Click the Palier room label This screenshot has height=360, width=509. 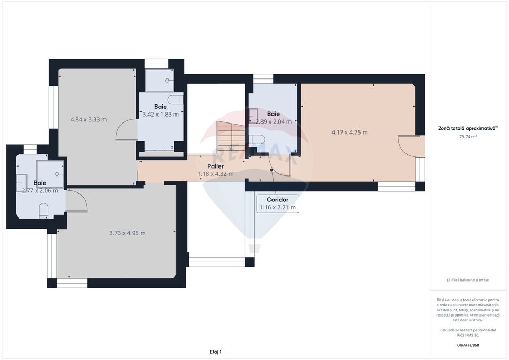coord(215,166)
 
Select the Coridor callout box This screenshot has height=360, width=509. coord(277,204)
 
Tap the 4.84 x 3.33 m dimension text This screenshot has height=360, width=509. coord(89,119)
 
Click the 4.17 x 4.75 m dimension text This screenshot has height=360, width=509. coord(349,132)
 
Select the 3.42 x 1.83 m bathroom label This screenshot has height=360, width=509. coord(160,114)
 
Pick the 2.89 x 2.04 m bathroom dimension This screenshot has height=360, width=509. coord(273,121)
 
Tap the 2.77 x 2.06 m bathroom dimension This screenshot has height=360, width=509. coord(40,190)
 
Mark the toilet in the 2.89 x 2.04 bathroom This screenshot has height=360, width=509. coord(257,139)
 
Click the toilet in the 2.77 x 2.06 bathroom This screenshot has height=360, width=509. coord(44,212)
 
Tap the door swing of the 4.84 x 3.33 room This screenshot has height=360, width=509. coord(126,130)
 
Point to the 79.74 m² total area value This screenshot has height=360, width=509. coord(468,136)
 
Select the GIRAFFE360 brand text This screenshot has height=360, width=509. coord(468,345)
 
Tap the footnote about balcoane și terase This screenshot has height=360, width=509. coord(468,280)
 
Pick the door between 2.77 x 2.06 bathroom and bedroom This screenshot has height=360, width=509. coord(77,201)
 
